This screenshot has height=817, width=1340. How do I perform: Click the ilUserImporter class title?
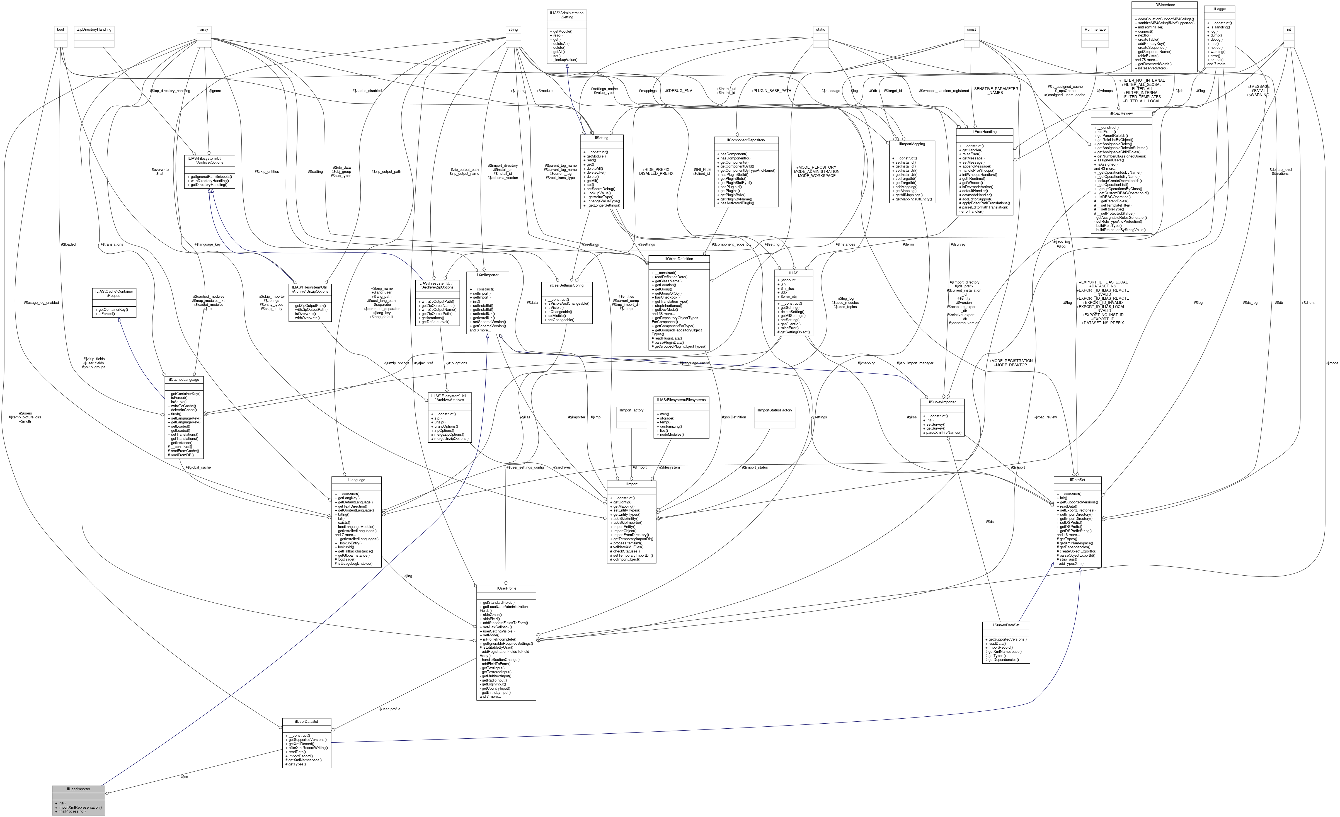(x=78, y=789)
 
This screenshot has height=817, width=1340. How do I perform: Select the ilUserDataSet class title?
(x=306, y=721)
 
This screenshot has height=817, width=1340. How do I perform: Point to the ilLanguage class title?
(x=356, y=480)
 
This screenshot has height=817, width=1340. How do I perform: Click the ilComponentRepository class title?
(x=746, y=140)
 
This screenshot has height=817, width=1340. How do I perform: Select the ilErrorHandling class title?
(x=984, y=132)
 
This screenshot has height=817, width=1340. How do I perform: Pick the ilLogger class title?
(x=1219, y=9)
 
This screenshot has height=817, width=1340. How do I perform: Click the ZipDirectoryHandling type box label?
(x=94, y=29)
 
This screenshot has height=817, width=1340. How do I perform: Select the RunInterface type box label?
(x=1095, y=29)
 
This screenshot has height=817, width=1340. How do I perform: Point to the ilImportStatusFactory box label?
(x=774, y=410)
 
